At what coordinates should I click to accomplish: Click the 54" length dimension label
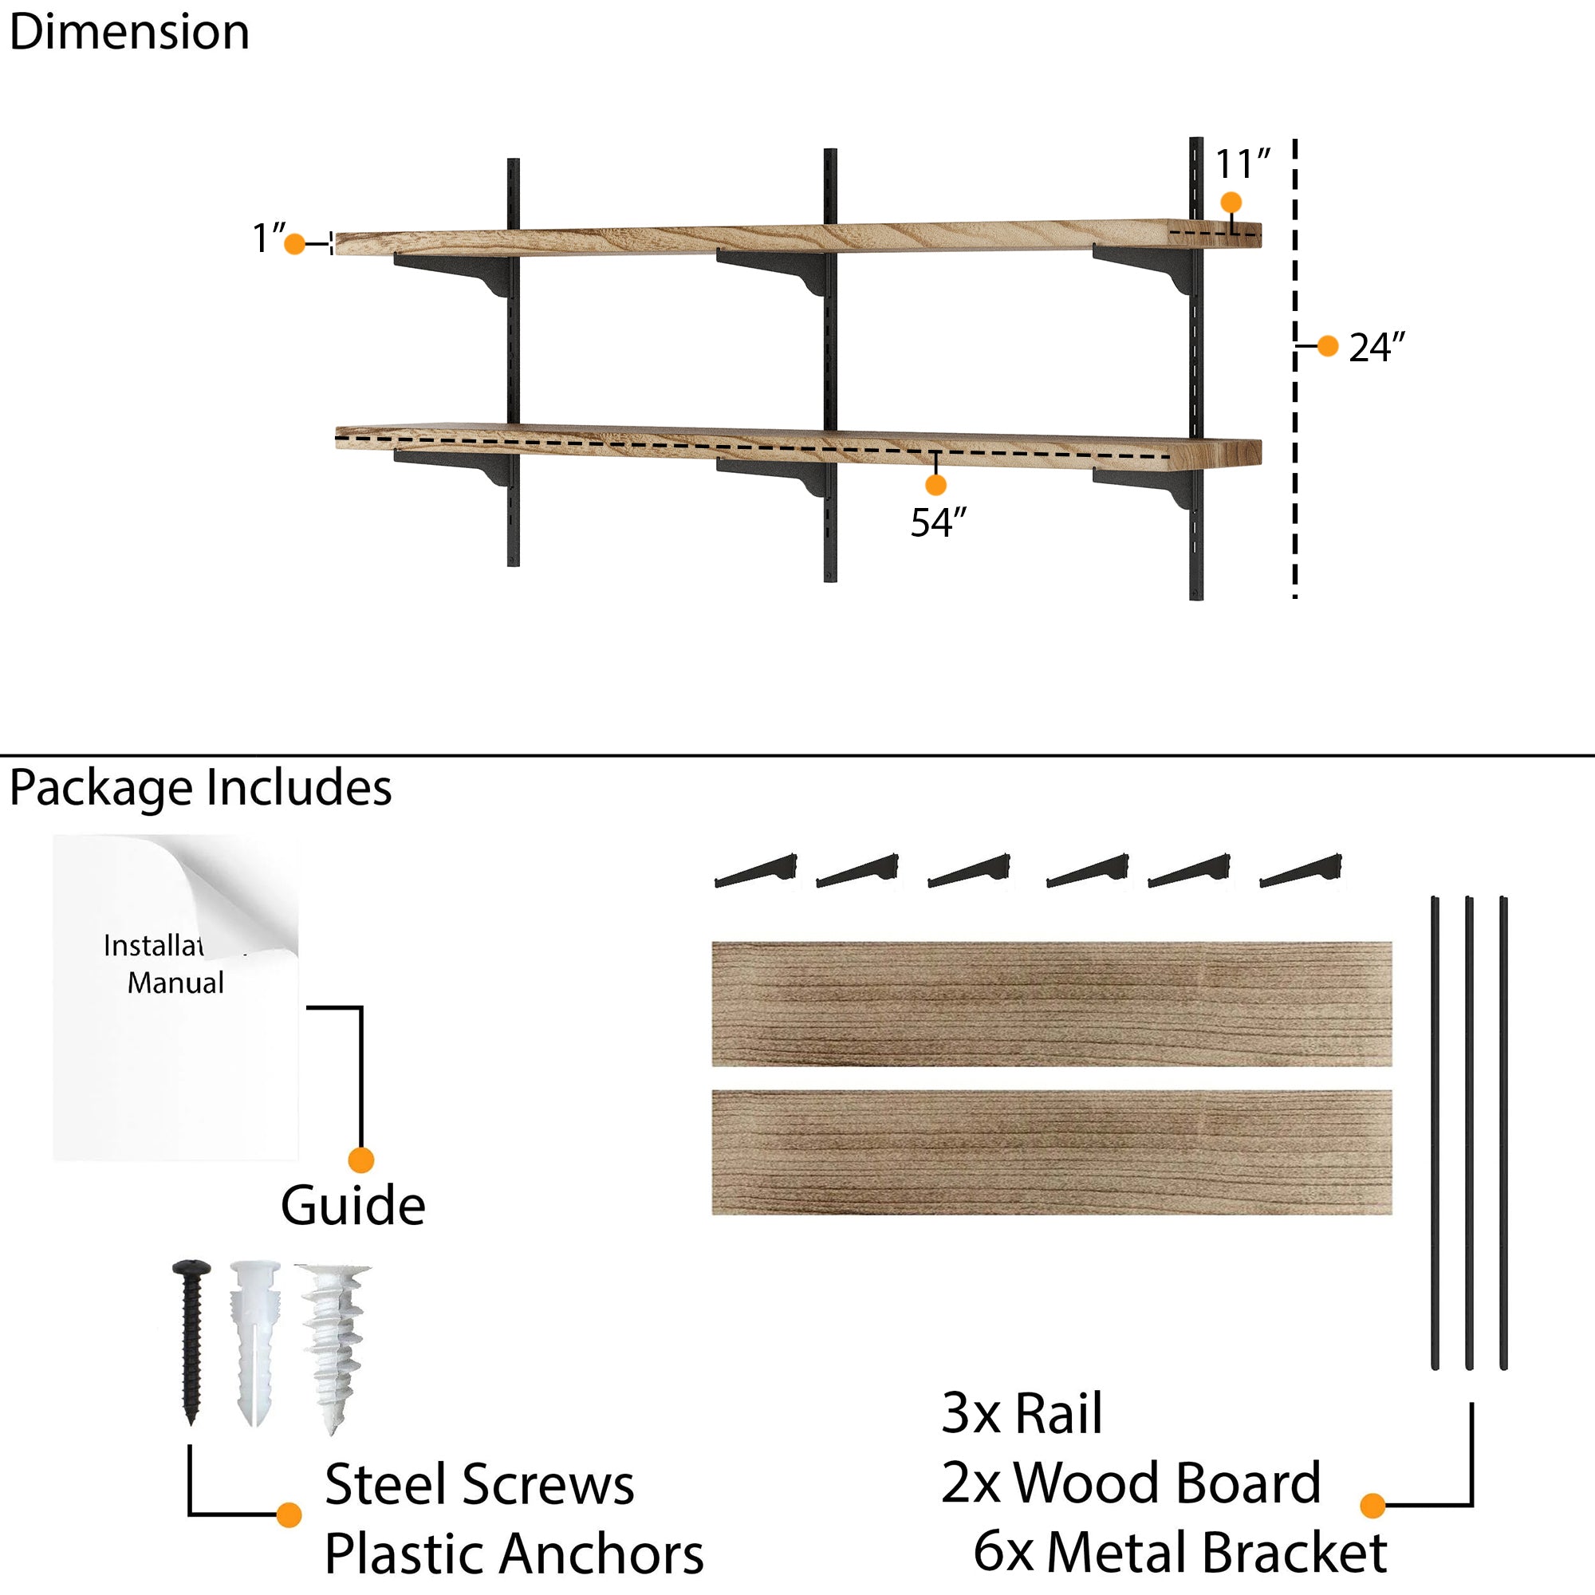[x=938, y=522]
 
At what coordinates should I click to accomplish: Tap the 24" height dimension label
[x=1376, y=348]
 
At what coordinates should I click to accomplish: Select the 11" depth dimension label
[x=1242, y=164]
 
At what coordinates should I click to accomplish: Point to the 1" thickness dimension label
[x=268, y=238]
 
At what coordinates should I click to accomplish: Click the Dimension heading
[x=130, y=33]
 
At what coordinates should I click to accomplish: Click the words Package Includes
[x=201, y=788]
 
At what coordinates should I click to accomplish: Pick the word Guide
[x=352, y=1206]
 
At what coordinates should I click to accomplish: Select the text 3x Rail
[x=1022, y=1413]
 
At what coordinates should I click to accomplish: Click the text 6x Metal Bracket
[x=1180, y=1553]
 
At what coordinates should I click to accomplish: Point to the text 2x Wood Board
[x=1130, y=1483]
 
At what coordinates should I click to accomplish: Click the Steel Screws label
[x=478, y=1485]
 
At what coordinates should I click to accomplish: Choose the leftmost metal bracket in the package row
[x=755, y=872]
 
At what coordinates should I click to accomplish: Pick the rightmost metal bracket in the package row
[x=1300, y=872]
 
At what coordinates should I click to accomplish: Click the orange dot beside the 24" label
[x=1328, y=346]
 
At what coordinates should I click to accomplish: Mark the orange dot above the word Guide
[x=360, y=1160]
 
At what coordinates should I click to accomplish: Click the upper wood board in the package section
[x=1052, y=1004]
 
